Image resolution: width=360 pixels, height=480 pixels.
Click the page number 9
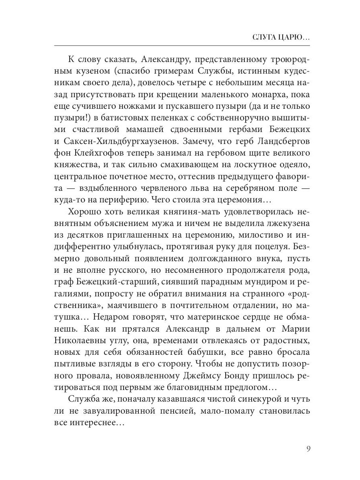point(308,448)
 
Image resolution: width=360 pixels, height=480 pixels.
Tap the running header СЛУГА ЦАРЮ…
point(282,38)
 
